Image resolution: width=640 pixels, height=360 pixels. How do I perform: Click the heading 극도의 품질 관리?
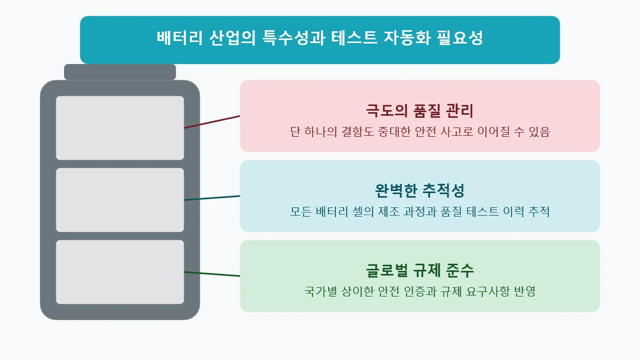pyautogui.click(x=419, y=111)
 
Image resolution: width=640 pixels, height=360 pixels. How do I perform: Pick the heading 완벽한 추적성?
pyautogui.click(x=419, y=190)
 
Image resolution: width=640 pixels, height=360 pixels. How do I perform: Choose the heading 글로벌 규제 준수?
pyautogui.click(x=419, y=270)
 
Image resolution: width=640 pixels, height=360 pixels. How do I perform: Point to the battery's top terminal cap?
pyautogui.click(x=120, y=72)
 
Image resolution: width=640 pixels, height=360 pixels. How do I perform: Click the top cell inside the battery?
pyautogui.click(x=120, y=128)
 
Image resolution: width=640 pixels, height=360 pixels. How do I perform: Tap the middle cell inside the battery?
pyautogui.click(x=120, y=200)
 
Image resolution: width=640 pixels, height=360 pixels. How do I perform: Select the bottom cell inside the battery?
pyautogui.click(x=120, y=272)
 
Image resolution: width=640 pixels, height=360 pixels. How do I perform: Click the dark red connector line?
pyautogui.click(x=212, y=122)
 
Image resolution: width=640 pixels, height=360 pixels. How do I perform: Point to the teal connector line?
pyautogui.click(x=212, y=198)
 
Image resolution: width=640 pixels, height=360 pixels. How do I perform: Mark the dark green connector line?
pyautogui.click(x=212, y=274)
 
